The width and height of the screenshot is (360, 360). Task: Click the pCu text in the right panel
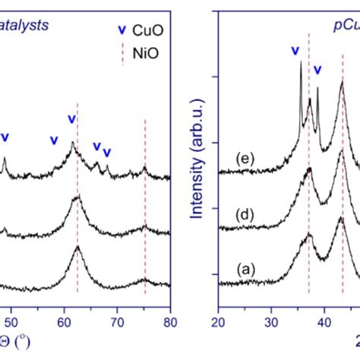pyautogui.click(x=346, y=24)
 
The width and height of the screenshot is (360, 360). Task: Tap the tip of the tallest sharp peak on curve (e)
pyautogui.click(x=301, y=62)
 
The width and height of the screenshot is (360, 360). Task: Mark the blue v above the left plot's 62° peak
pyautogui.click(x=72, y=119)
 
